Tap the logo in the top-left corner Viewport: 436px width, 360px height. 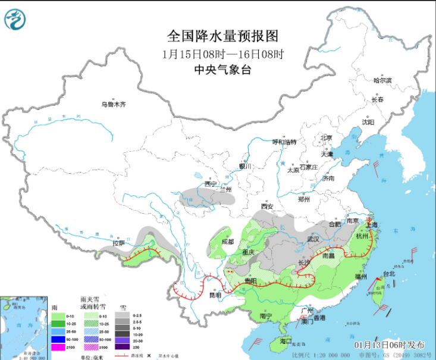click(15, 19)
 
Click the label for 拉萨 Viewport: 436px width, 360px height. click(119, 243)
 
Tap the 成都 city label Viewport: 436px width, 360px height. click(228, 242)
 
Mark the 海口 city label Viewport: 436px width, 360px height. click(286, 342)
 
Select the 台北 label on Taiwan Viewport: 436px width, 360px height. click(388, 274)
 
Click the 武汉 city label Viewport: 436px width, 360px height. click(313, 239)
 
